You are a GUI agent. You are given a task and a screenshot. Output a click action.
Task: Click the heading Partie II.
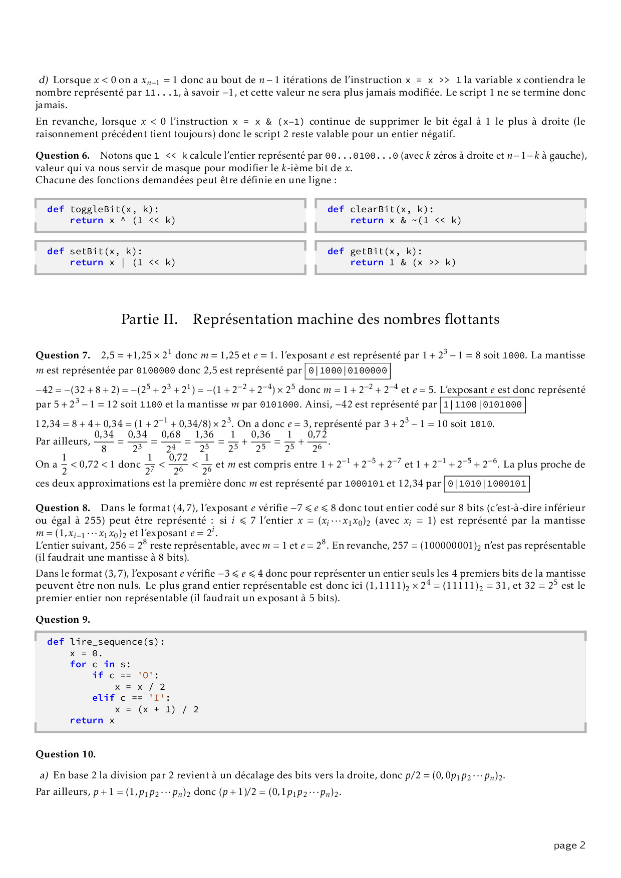coord(149,319)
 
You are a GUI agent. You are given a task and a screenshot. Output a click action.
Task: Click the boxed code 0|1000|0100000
coord(348,371)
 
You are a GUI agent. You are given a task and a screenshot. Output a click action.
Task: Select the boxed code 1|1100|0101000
coord(482,404)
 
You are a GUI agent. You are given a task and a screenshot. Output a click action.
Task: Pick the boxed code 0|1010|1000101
coord(487,484)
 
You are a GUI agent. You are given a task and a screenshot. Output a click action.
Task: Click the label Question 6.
coord(62,156)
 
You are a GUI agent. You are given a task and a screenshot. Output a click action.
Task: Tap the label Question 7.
coord(62,355)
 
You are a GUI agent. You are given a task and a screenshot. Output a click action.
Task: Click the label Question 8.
coord(62,508)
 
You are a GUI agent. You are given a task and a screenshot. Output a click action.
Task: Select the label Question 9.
coord(63,620)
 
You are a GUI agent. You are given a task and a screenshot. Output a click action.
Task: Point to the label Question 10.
coord(65,754)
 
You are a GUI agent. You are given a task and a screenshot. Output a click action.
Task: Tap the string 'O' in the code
coord(146,676)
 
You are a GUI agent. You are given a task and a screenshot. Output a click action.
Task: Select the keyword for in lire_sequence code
coord(78,664)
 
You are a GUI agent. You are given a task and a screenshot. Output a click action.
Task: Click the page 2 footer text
coord(569,845)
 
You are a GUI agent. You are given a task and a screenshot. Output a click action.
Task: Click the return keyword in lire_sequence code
coord(86,720)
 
